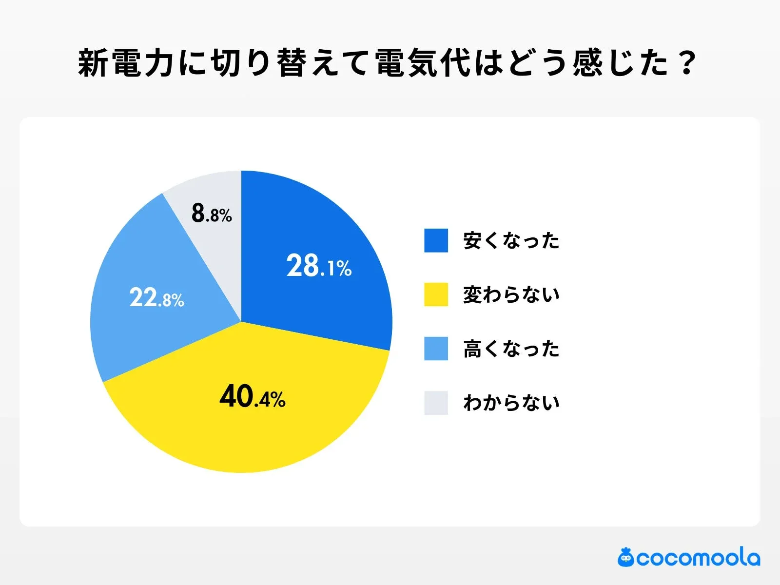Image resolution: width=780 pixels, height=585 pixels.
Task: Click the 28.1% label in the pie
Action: pyautogui.click(x=319, y=266)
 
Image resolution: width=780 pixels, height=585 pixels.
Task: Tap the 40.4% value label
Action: pyautogui.click(x=253, y=396)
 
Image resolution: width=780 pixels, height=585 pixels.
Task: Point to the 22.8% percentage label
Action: pyautogui.click(x=156, y=297)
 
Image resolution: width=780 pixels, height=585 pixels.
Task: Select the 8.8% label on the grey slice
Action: pyautogui.click(x=212, y=213)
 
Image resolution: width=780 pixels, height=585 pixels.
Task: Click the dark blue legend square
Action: pyautogui.click(x=436, y=240)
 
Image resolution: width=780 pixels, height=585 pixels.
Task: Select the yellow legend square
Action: pyautogui.click(x=436, y=294)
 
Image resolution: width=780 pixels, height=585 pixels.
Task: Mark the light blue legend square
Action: pyautogui.click(x=436, y=349)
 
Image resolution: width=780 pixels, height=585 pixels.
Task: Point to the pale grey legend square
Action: pyautogui.click(x=436, y=403)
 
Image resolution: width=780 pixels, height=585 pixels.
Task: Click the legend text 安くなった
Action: pyautogui.click(x=511, y=241)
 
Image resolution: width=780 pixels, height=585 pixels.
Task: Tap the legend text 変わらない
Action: pyautogui.click(x=511, y=294)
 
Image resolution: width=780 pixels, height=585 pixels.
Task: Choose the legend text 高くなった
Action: pyautogui.click(x=511, y=349)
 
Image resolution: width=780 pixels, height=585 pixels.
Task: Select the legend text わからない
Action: pyautogui.click(x=511, y=403)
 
